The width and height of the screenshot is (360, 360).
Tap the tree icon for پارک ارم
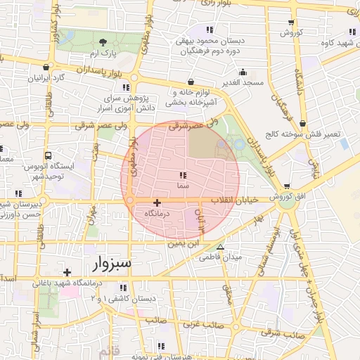pos(104,43)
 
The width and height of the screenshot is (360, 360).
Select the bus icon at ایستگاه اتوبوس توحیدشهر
pos(48,155)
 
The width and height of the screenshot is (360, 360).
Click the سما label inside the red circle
pos(182,185)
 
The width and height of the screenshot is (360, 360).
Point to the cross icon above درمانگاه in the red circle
pos(157,202)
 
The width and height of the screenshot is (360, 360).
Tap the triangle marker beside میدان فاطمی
pos(221,247)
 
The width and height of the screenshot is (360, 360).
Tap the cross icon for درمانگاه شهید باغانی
pos(67,272)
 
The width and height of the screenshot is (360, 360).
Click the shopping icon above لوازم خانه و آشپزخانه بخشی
pos(191,82)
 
